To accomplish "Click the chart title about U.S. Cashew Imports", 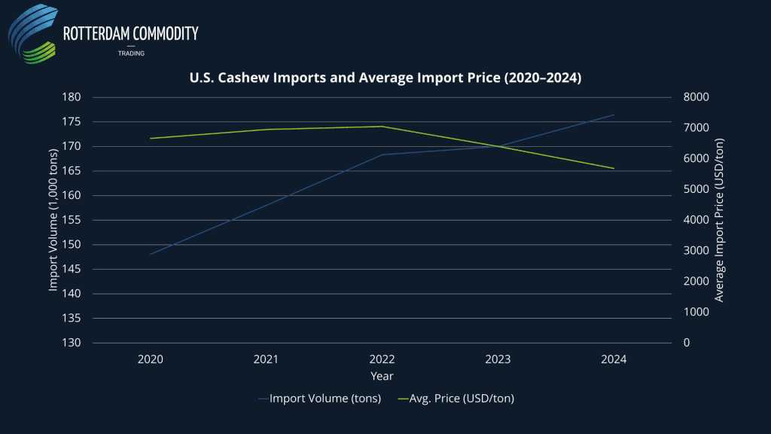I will [385, 77].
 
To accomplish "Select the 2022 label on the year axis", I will [382, 360].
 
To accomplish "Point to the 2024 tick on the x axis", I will [614, 360].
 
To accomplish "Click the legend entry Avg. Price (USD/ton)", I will [460, 399].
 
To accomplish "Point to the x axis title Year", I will [382, 375].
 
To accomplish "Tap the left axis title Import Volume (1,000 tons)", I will [53, 220].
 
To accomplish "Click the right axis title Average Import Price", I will [719, 220].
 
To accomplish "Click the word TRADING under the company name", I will [131, 53].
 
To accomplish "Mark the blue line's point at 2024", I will [614, 115].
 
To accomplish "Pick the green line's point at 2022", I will [382, 127].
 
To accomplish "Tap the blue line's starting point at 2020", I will [151, 254].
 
